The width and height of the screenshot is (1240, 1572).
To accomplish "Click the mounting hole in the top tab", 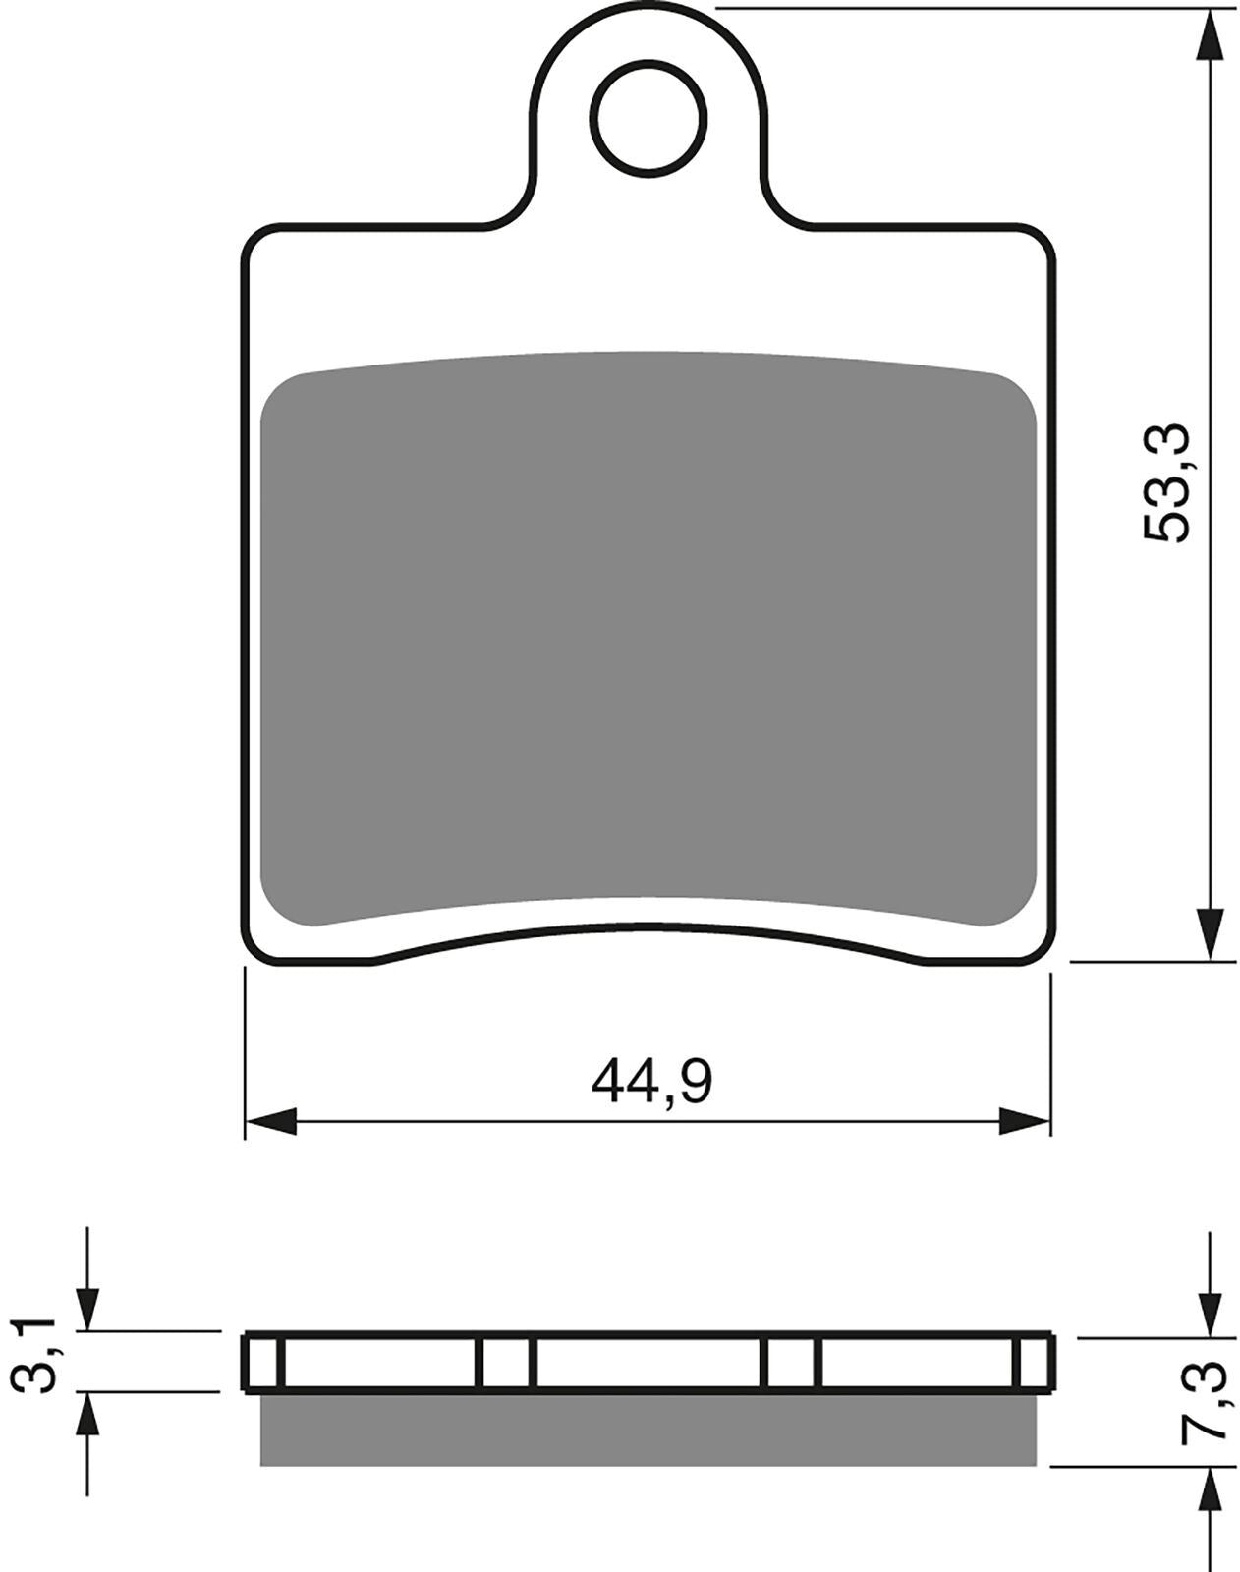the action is [649, 119].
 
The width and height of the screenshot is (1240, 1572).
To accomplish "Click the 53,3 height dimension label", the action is [1166, 482].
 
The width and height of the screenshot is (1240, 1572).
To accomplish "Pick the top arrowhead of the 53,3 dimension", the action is [1211, 35].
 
